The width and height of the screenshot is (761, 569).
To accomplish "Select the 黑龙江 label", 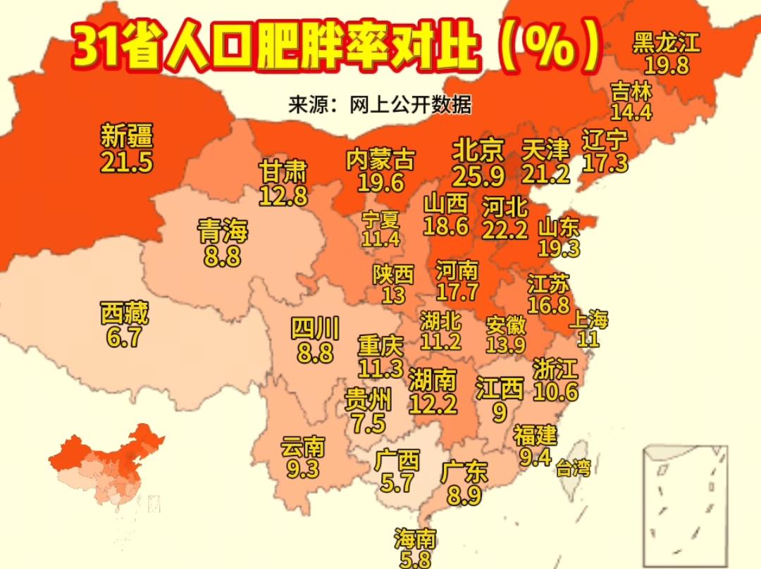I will click(666, 43).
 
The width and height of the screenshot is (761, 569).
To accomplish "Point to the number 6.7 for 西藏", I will click(124, 338).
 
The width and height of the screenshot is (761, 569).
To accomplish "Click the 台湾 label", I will click(573, 468).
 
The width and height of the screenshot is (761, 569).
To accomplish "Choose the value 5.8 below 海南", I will click(415, 559).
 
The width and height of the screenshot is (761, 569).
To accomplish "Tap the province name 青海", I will click(223, 231).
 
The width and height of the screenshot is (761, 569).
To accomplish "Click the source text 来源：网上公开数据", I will click(380, 106).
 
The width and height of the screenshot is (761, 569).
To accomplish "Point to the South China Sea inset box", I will click(685, 506).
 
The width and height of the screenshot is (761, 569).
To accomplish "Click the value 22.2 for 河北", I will click(505, 229).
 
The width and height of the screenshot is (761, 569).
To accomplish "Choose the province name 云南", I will click(303, 446).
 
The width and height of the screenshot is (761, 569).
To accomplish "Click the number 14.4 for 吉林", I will click(631, 111).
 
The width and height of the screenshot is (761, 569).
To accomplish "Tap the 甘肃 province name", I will click(283, 171).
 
